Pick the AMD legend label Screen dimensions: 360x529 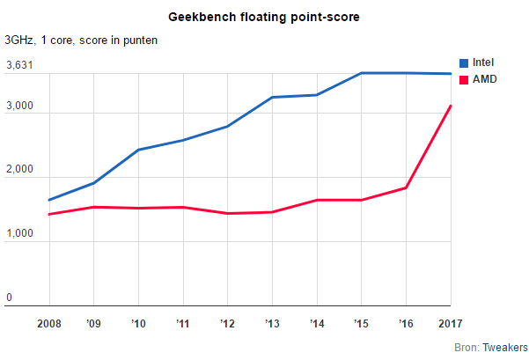pyautogui.click(x=485, y=78)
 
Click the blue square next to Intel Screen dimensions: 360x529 pyautogui.click(x=466, y=62)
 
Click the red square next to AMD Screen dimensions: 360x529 pyautogui.click(x=466, y=78)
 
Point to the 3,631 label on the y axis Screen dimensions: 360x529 pyautogui.click(x=19, y=65)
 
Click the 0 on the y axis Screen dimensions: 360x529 pyautogui.click(x=10, y=298)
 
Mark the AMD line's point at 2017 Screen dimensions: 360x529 pyautogui.click(x=451, y=106)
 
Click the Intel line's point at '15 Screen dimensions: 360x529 pyautogui.click(x=361, y=73)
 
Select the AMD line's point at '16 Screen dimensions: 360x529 pyautogui.click(x=406, y=187)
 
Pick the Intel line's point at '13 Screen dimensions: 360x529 pyautogui.click(x=271, y=97)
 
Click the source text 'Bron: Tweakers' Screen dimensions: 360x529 pyautogui.click(x=489, y=348)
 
